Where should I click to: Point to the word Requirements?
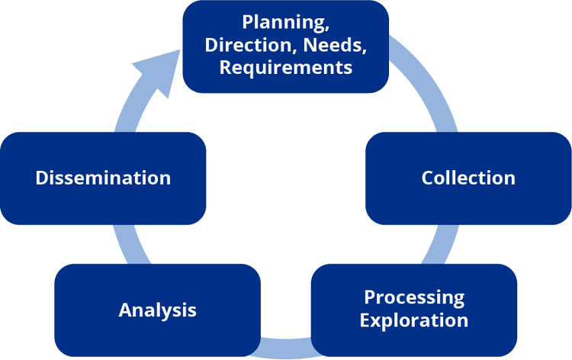pos(285,67)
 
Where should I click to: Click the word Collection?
pos(468,178)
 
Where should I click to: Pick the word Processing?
pos(414,297)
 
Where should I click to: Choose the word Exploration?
pos(414,320)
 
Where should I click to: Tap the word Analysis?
pos(158,310)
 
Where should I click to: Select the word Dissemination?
pos(103,178)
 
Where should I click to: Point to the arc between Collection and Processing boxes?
pos(438,243)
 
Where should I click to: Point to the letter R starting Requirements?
pos(225,67)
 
